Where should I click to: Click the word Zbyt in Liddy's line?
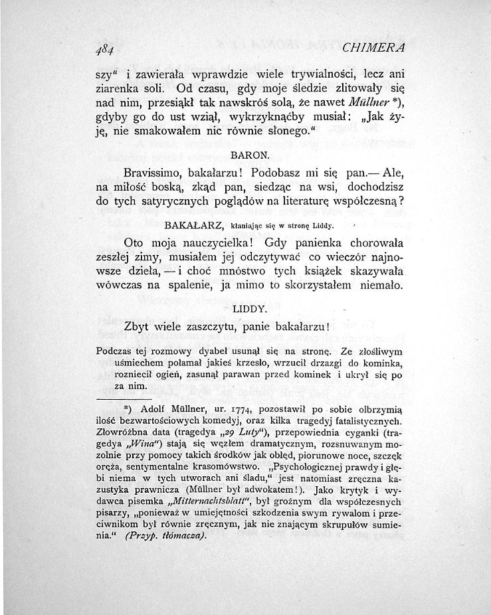click(x=138, y=327)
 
